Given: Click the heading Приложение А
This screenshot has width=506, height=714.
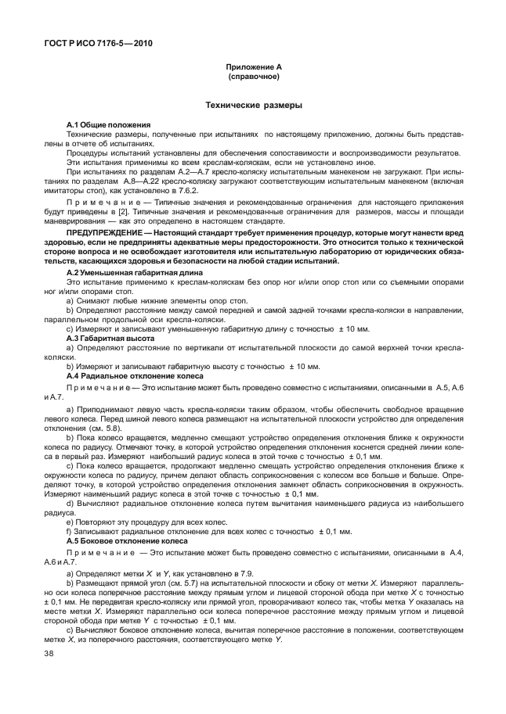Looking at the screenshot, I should pyautogui.click(x=253, y=69).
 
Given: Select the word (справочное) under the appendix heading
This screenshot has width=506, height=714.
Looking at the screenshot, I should pyautogui.click(x=253, y=78).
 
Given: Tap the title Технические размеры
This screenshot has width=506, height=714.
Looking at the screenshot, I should pyautogui.click(x=253, y=104).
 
